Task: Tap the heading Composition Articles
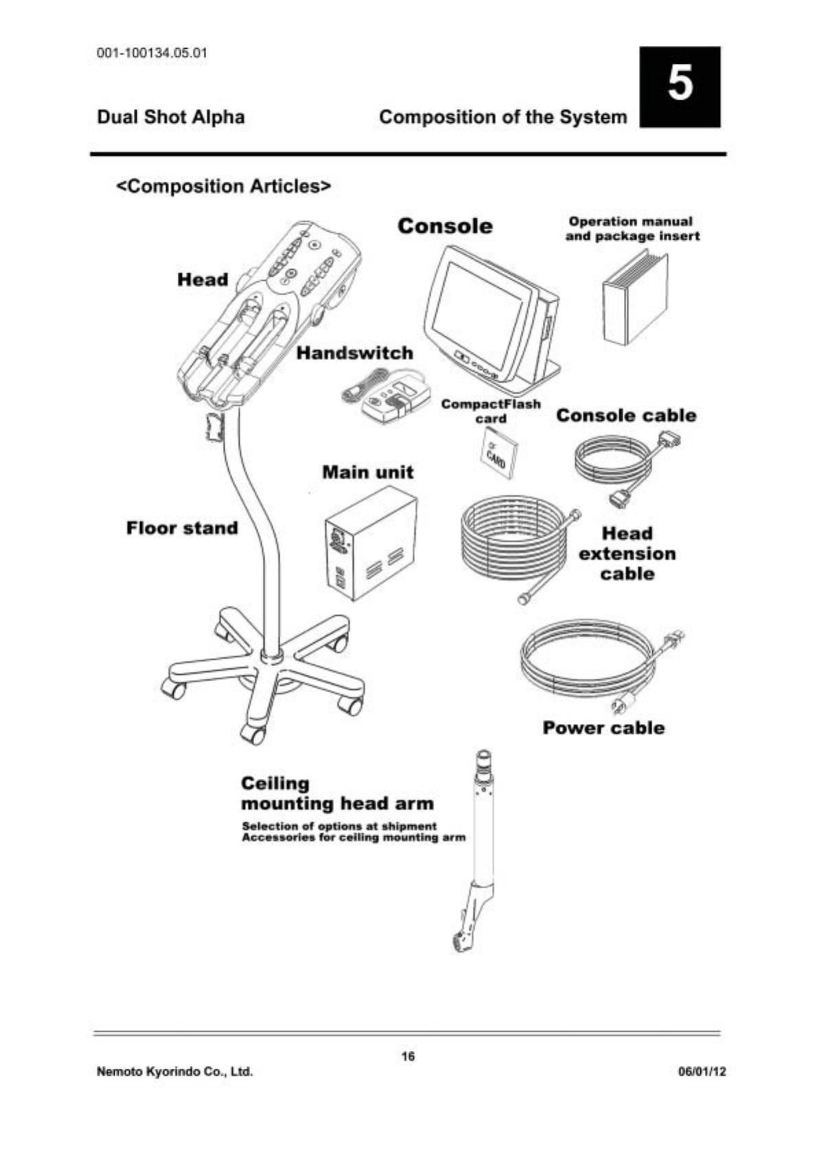(224, 186)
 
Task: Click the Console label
(445, 226)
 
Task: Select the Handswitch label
(355, 353)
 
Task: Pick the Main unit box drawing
(370, 543)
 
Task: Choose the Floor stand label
(181, 528)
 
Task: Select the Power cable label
(603, 728)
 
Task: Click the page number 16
(408, 1056)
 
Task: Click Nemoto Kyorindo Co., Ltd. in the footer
(175, 1072)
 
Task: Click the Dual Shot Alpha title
(170, 117)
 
